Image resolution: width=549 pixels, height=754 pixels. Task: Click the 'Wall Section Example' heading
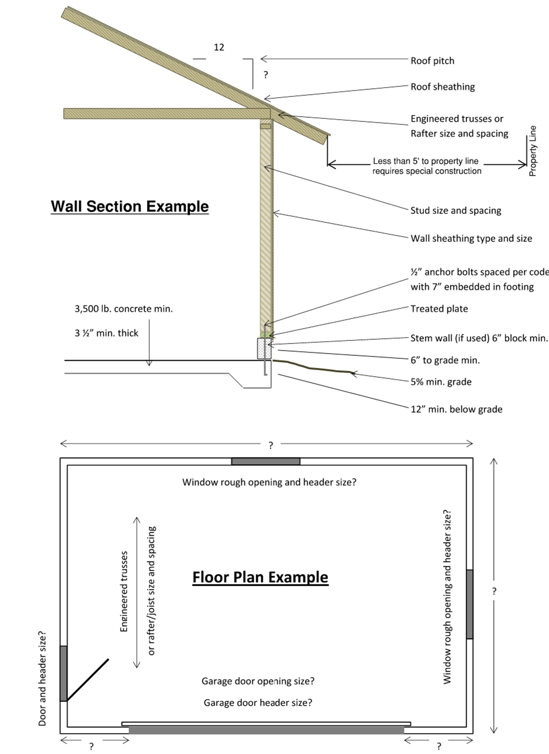coord(129,207)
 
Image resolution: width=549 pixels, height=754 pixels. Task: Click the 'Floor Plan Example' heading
coord(260,577)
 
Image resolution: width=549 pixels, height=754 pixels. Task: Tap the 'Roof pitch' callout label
coord(432,61)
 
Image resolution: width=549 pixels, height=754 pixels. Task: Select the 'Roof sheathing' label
coord(443,87)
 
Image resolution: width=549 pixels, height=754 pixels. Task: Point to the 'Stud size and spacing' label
coord(455,210)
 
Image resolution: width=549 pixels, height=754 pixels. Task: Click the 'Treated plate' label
coord(439,309)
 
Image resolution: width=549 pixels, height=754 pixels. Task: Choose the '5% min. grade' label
coord(441,382)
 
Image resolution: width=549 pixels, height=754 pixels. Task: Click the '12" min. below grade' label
coord(456,409)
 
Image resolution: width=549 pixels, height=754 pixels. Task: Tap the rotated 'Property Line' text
coord(532,151)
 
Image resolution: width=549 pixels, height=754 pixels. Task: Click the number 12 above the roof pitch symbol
coord(219,48)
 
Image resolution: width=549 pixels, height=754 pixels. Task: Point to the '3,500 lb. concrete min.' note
coord(124,309)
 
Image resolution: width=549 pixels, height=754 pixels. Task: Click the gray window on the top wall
coord(265,461)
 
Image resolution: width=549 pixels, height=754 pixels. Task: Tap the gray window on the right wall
coord(469,604)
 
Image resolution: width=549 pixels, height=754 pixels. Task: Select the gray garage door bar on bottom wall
coord(266,730)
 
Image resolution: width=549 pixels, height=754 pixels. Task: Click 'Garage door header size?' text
coord(258,703)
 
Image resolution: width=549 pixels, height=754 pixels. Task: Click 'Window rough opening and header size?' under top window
coord(269,482)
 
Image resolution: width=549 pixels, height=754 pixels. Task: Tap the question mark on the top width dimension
coord(271,445)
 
